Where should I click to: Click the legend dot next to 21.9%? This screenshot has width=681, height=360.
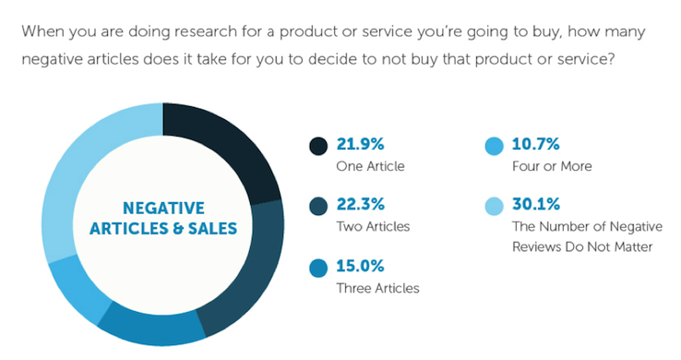click(x=318, y=146)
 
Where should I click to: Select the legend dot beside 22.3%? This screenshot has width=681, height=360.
click(x=318, y=206)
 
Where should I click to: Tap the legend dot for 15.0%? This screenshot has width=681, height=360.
click(x=318, y=268)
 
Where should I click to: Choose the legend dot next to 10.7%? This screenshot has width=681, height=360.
click(x=494, y=146)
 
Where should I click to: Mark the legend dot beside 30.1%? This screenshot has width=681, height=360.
click(x=494, y=206)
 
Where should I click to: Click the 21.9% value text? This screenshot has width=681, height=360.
click(x=363, y=146)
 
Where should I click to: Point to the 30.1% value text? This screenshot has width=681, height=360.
click(x=538, y=205)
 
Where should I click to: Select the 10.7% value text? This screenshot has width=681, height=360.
click(x=537, y=146)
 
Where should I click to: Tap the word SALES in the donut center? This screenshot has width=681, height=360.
click(x=212, y=228)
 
